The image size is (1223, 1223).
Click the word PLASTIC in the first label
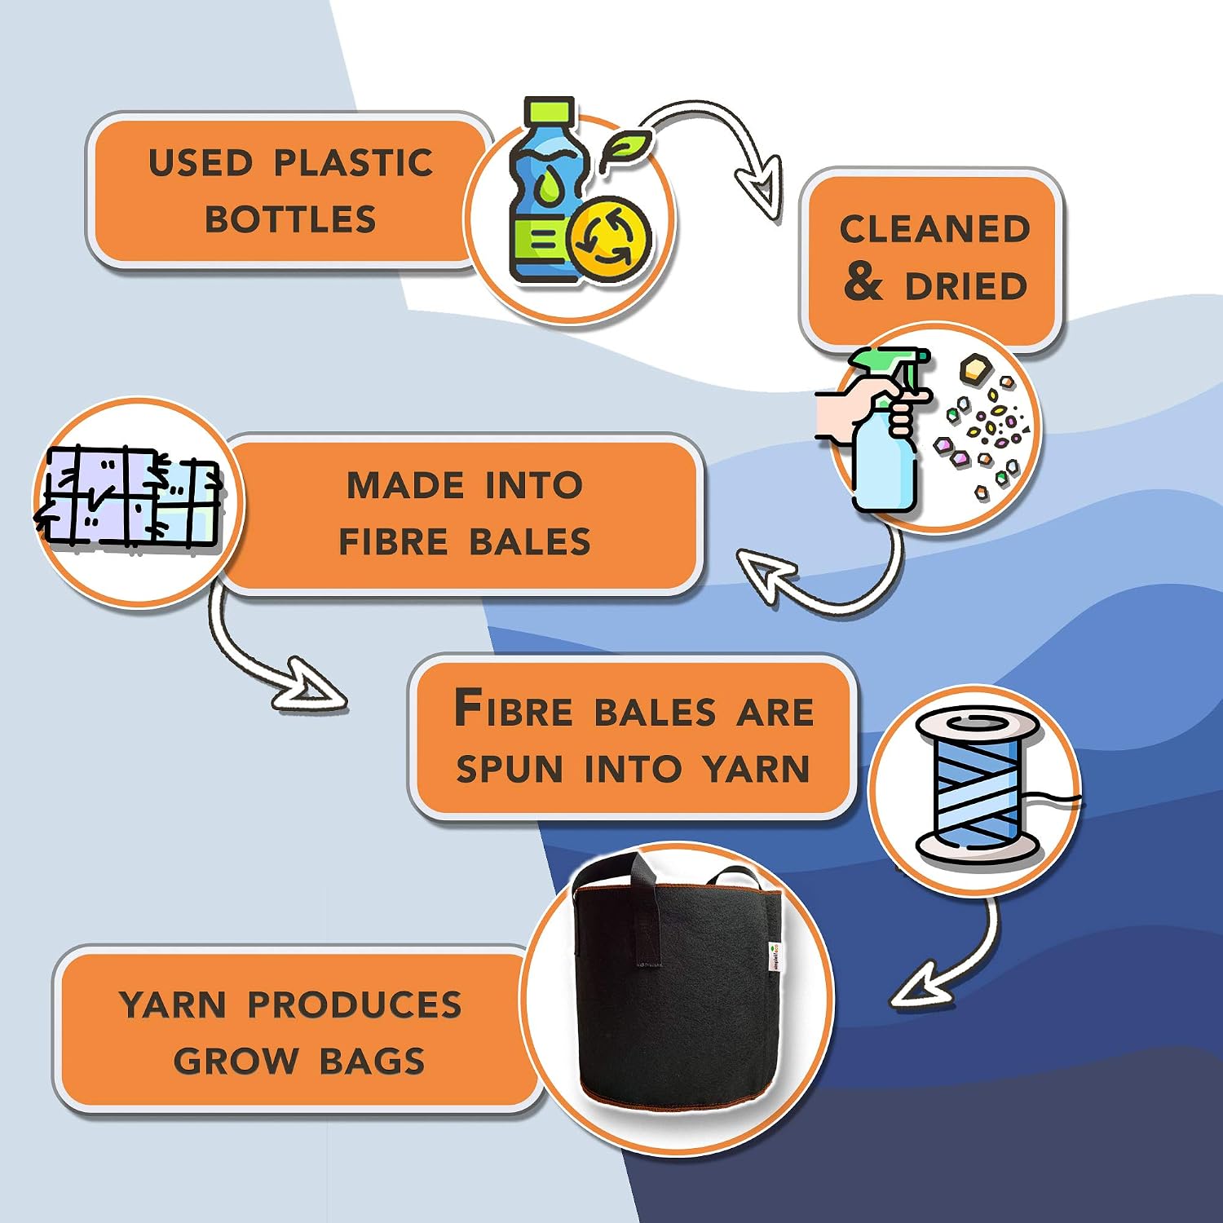click(x=353, y=163)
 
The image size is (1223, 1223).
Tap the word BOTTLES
click(x=290, y=219)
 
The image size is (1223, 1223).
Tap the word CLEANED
click(x=935, y=229)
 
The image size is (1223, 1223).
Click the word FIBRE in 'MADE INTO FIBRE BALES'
click(x=393, y=542)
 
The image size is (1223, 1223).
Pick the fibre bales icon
click(x=129, y=499)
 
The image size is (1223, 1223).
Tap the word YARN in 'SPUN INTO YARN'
click(x=757, y=769)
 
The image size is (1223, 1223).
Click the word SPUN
click(x=510, y=769)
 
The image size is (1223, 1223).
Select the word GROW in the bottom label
click(x=236, y=1062)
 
